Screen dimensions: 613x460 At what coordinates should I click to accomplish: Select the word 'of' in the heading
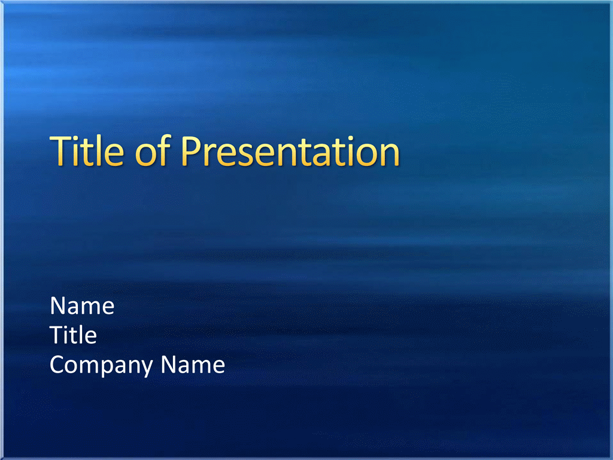(x=153, y=150)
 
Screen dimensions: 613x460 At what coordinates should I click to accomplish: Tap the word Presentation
(x=290, y=152)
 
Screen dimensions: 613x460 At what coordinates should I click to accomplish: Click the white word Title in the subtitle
(x=73, y=335)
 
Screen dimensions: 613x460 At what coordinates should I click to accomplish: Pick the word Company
(x=101, y=365)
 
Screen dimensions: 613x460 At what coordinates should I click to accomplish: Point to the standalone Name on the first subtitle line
(x=82, y=305)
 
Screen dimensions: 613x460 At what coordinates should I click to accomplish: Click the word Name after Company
(x=193, y=365)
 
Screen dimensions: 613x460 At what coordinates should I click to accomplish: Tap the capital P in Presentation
(x=191, y=152)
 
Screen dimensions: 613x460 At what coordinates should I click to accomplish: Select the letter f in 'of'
(x=164, y=150)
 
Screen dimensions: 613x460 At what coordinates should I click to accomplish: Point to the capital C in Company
(x=57, y=365)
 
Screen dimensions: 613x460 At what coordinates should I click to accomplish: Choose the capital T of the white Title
(x=57, y=335)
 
